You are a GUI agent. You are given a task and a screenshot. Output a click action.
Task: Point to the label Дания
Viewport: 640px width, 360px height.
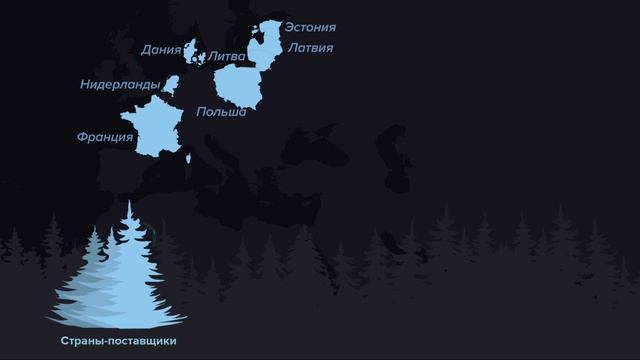pos(161,49)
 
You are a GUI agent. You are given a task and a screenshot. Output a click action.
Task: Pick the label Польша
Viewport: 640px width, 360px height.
pos(221,112)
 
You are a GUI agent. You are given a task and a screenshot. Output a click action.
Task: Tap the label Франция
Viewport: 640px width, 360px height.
pos(104,137)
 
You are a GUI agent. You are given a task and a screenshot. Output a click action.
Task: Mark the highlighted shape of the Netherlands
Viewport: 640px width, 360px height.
pos(171,84)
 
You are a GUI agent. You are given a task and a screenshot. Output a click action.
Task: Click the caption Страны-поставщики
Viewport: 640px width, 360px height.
pos(118,341)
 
